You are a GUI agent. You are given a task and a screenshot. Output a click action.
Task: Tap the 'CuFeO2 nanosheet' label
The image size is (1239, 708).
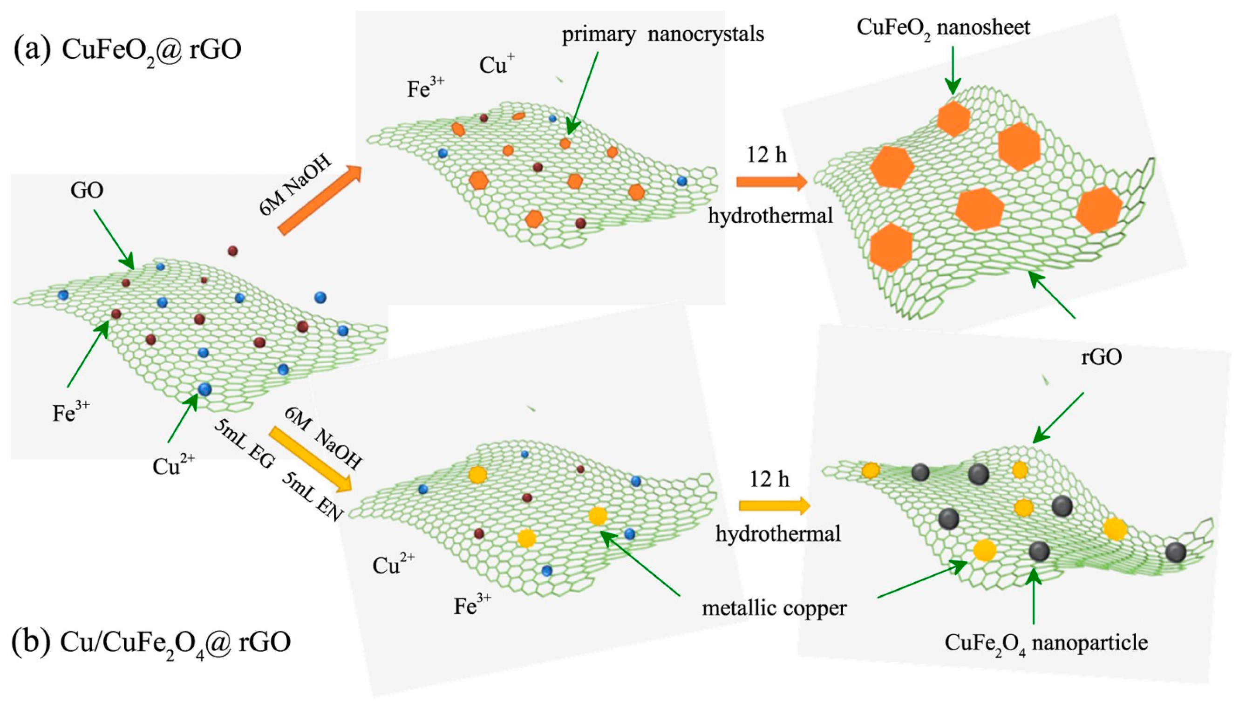point(943,28)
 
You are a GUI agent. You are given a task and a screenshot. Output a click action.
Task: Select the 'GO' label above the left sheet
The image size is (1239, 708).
point(87,191)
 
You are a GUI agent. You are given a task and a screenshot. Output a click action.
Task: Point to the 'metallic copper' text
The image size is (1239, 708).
point(774,608)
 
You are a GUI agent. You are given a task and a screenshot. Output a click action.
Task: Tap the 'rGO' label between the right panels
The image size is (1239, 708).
point(1102,357)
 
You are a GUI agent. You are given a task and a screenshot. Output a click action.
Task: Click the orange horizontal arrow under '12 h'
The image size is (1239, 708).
point(771,182)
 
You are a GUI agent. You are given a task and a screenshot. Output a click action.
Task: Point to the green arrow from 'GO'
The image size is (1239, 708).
point(113,239)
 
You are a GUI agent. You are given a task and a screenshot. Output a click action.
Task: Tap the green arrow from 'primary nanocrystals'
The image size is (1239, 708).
point(582,92)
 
